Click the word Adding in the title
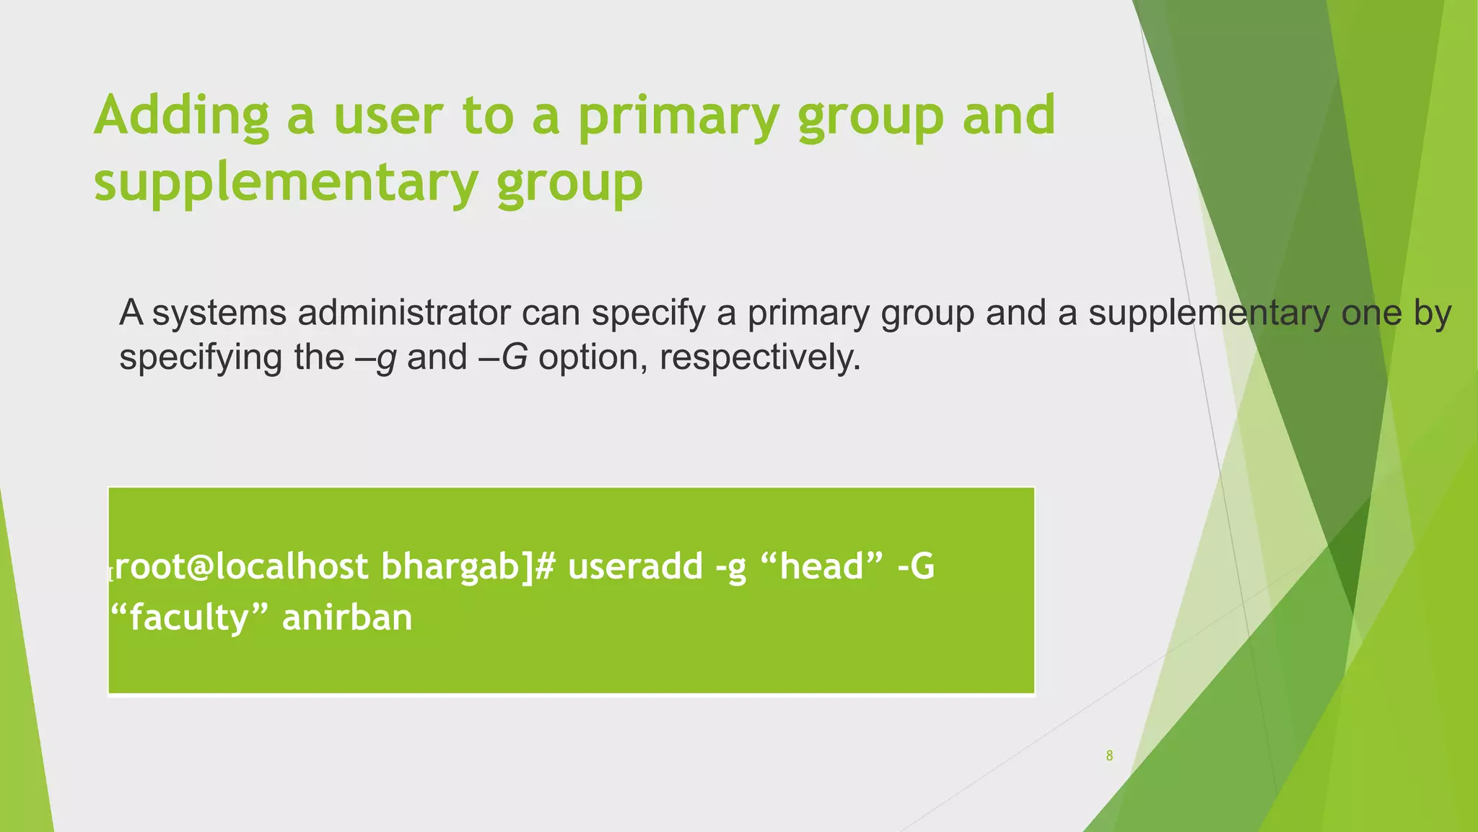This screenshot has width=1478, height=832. (181, 116)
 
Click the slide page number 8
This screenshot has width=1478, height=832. (1109, 755)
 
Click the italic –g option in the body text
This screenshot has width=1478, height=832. (376, 357)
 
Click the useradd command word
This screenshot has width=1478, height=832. (634, 566)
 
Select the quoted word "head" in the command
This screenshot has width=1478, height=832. (822, 566)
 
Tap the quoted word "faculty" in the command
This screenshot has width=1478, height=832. (190, 618)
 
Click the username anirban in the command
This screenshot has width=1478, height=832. (347, 618)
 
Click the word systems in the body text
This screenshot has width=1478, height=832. (219, 313)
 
